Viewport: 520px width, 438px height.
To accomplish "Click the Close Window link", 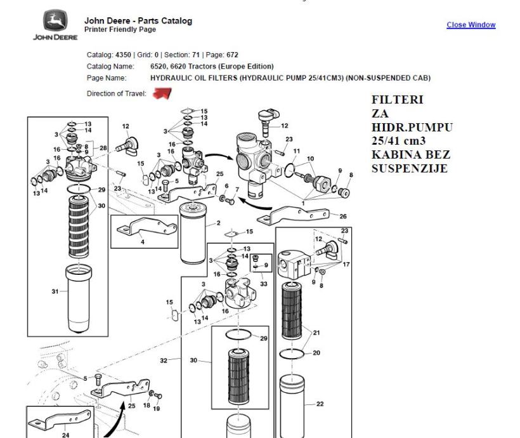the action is coord(471,25).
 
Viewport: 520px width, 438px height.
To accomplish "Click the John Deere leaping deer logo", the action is coord(55,20).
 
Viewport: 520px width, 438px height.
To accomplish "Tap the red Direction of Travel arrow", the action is coord(162,93).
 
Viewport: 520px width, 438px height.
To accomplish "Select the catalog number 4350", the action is coord(123,55).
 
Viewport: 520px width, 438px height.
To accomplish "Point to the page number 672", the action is coord(232,55).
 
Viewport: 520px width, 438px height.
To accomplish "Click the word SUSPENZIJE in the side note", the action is coord(410,169).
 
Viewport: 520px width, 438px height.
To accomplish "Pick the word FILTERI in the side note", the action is coord(398,100).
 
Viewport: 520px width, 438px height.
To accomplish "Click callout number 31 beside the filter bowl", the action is coord(55,291).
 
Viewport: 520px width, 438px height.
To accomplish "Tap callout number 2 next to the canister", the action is coord(218,223).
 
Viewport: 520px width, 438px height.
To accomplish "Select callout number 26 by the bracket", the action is coord(343,216).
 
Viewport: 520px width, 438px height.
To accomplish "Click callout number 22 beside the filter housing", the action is coord(320,404).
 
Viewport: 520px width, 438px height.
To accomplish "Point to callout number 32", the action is coord(164,361).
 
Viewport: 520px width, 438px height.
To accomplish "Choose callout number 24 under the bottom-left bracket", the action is coord(65,435).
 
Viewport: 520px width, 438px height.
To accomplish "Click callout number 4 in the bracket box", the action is coord(143,242).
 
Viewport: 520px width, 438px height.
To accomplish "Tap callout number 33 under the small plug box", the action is coord(264,284).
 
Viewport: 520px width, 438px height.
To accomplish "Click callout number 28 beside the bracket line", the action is coord(103,148).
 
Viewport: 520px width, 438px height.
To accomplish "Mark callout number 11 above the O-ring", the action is coord(297,151).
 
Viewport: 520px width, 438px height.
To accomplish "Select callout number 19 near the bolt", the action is coord(156,409).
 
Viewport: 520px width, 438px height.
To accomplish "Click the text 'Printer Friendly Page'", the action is coord(120,30).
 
